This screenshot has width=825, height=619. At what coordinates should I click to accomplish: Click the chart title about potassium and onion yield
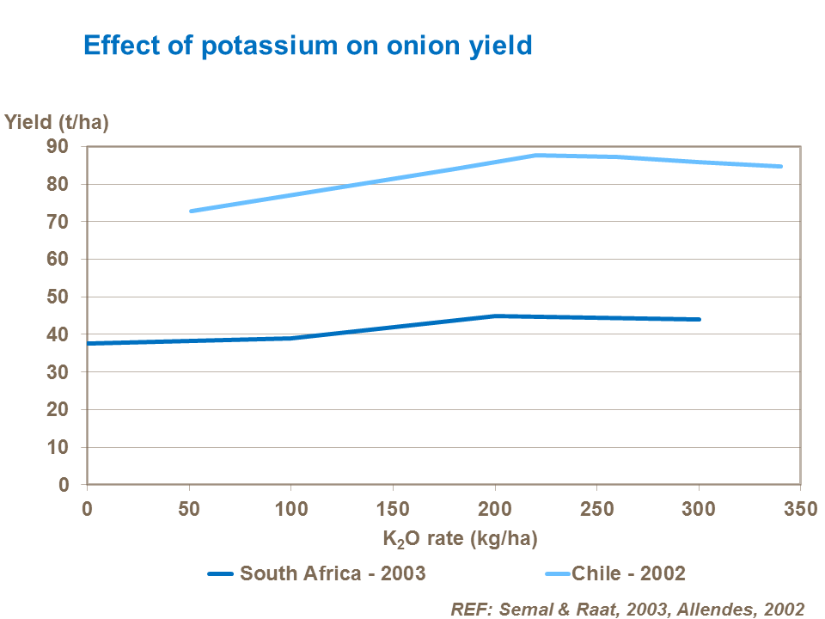click(x=308, y=45)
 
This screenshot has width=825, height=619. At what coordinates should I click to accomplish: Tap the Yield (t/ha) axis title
click(x=57, y=122)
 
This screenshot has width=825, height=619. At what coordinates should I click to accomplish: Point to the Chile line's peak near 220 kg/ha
click(x=535, y=155)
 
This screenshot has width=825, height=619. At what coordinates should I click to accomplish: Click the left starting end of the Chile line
click(x=190, y=211)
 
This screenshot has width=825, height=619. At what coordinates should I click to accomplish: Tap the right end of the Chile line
click(x=780, y=166)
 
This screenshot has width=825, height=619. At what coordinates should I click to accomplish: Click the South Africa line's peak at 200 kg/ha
click(x=495, y=316)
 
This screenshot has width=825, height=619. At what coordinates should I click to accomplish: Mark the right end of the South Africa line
click(x=699, y=319)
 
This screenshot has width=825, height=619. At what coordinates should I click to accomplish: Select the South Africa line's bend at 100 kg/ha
click(x=291, y=338)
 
